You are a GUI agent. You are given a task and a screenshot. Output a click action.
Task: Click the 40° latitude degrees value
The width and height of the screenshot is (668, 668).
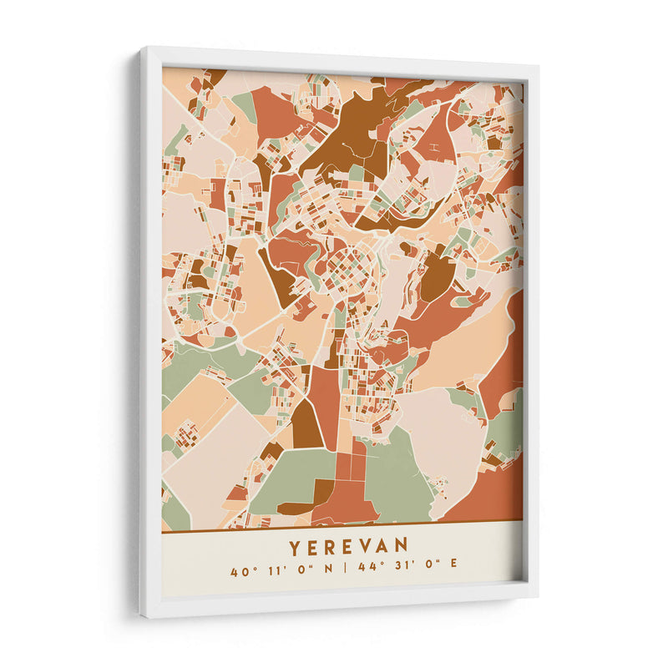[243, 572]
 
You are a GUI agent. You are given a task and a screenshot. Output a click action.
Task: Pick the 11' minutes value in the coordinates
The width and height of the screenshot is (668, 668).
[276, 572]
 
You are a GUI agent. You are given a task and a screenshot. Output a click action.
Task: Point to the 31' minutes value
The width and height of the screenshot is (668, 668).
[402, 572]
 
